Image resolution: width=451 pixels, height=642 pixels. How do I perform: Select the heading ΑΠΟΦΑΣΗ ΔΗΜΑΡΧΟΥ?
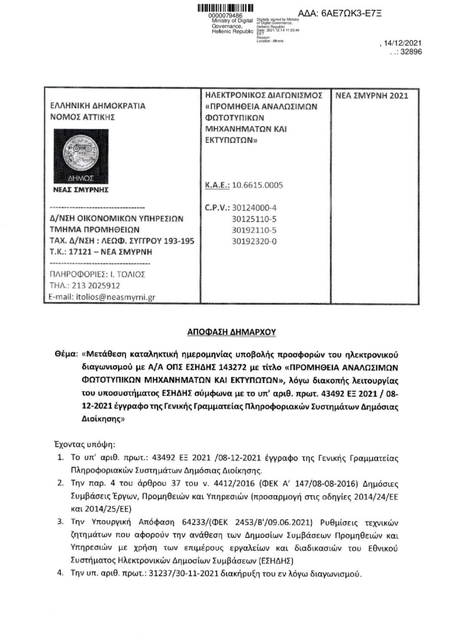(225, 328)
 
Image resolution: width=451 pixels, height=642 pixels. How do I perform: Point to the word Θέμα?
(65, 346)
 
